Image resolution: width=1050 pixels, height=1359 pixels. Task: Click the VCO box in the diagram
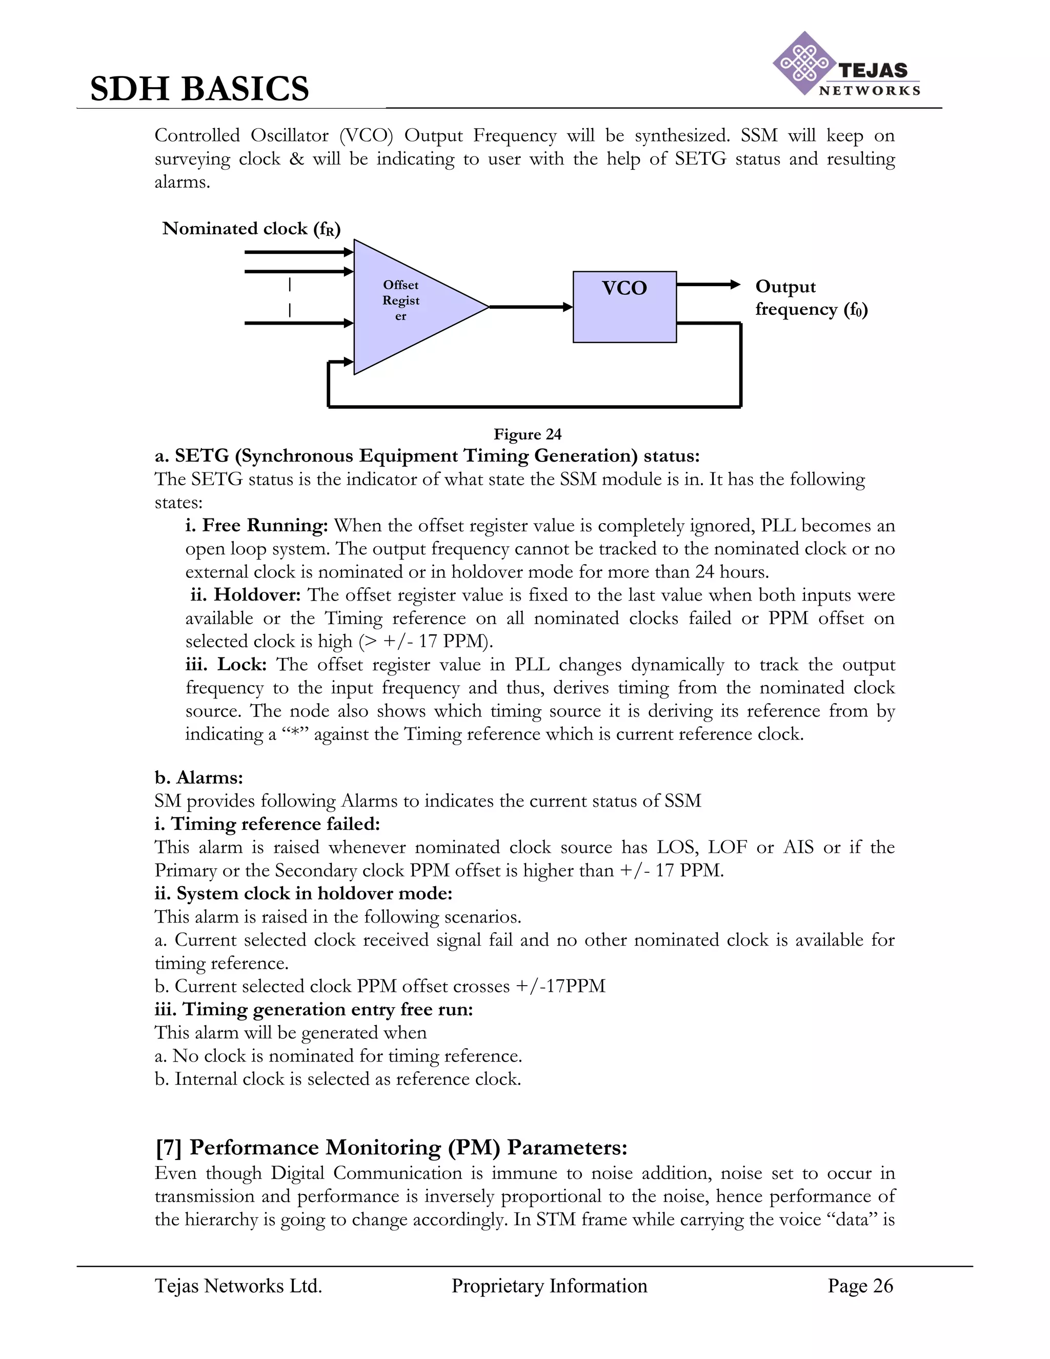coord(624,306)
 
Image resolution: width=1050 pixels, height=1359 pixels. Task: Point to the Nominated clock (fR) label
coord(251,229)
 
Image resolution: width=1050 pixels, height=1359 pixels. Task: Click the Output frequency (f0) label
coord(811,297)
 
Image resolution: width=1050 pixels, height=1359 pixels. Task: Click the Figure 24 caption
coord(528,434)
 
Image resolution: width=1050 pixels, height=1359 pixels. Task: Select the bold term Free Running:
coord(256,526)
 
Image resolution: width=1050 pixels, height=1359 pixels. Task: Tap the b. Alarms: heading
coord(198,778)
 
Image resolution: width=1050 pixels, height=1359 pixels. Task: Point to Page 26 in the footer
coord(860,1286)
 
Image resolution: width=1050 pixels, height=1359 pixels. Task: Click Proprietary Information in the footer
coord(549,1286)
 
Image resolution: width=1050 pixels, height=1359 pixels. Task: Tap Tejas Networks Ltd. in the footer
coord(238,1286)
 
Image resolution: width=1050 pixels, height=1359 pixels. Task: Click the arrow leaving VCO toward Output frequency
coord(708,285)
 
